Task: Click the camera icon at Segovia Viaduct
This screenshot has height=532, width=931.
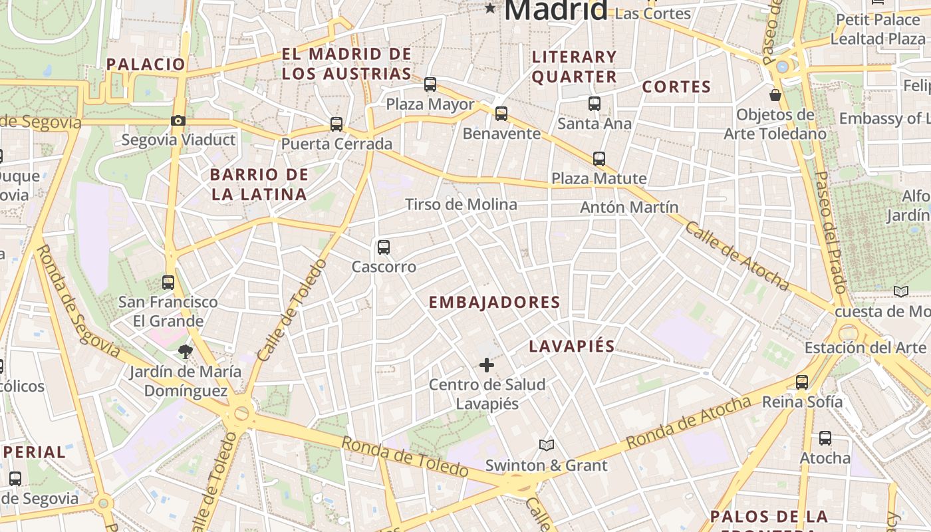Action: point(178,120)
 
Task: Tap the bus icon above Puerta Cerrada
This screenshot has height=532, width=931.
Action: point(336,124)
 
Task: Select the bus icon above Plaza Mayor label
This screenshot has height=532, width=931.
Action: point(430,84)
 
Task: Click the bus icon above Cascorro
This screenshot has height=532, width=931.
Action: point(384,247)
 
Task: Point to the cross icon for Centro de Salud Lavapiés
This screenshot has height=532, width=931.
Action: point(487,364)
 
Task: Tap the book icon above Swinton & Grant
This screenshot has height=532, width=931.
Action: point(547,445)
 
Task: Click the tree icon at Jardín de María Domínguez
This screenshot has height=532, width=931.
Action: point(185,351)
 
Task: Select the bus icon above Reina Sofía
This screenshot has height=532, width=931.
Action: point(802,382)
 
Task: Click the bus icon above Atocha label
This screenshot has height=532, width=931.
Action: point(825,438)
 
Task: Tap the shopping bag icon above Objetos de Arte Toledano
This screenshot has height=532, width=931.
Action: point(775,94)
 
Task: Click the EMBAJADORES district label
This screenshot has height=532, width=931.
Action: point(494,303)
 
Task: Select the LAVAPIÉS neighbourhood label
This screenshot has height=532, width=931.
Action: point(572,346)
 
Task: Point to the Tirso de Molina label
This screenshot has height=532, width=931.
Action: point(461,204)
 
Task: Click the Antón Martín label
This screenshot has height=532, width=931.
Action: point(629,207)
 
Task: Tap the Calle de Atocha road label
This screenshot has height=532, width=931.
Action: point(737,256)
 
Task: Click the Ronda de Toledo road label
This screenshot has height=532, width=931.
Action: point(405,456)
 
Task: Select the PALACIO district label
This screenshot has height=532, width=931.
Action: point(146,65)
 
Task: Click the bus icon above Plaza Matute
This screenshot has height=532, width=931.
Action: point(599,158)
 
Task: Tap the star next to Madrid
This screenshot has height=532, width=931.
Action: point(490,8)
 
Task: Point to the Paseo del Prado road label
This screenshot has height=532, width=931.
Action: point(831,233)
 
